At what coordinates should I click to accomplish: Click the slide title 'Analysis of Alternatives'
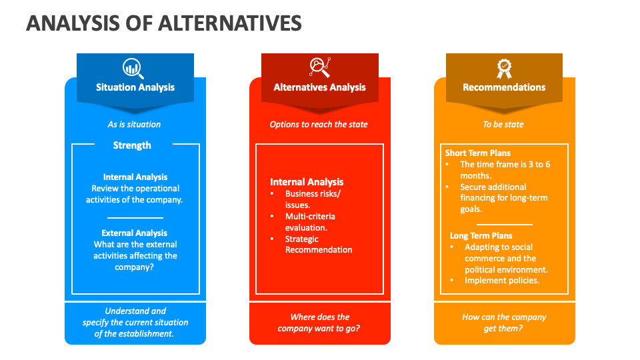tap(164, 23)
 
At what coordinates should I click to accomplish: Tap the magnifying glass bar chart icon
tap(133, 69)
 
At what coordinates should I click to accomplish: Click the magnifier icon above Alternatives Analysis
tap(319, 67)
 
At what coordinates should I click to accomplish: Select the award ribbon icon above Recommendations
tap(504, 69)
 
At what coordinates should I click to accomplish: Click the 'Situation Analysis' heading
tap(135, 87)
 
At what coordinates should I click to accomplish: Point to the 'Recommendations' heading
tap(504, 87)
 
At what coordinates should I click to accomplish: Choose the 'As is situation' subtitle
tap(134, 125)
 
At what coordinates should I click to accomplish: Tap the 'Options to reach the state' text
tap(319, 125)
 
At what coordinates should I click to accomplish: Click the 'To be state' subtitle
tap(503, 125)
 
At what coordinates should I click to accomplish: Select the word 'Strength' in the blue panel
tap(132, 145)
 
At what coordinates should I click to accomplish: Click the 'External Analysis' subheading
tap(134, 233)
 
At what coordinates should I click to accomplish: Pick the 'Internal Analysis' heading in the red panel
tap(307, 182)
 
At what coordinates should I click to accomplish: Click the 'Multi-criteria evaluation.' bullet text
tap(310, 222)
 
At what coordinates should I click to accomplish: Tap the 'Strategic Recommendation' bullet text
tap(319, 245)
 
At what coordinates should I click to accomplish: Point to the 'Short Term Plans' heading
tap(477, 153)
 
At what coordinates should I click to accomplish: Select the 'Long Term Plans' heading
tap(481, 236)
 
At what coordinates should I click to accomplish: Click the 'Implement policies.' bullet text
tap(501, 281)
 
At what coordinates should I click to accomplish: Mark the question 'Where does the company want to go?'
tap(319, 323)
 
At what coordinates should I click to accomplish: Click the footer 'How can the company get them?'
tap(504, 323)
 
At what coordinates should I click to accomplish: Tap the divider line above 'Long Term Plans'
tap(505, 225)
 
